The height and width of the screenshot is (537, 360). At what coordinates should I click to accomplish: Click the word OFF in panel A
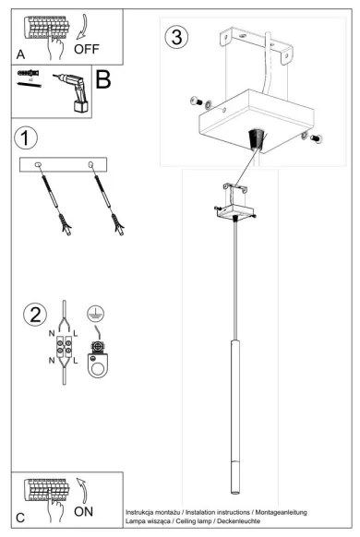(x=87, y=49)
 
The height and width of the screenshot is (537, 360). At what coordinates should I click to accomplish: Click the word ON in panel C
(x=83, y=512)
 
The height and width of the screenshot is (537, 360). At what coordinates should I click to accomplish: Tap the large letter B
(x=103, y=79)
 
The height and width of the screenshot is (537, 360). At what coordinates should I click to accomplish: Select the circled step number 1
(x=25, y=138)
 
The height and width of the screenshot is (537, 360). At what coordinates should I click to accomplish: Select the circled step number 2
(x=35, y=315)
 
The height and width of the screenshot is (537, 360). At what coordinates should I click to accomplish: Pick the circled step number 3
(x=176, y=37)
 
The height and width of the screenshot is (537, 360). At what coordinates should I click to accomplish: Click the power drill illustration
(x=73, y=91)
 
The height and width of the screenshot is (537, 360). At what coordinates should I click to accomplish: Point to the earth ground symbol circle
(x=95, y=313)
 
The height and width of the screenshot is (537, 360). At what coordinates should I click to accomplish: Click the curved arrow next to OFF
(x=82, y=28)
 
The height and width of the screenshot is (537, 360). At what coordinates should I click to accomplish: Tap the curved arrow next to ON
(x=82, y=491)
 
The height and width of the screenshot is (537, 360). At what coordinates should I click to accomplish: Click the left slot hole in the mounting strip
(x=38, y=165)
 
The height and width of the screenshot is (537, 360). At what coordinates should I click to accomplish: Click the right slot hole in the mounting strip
(x=90, y=165)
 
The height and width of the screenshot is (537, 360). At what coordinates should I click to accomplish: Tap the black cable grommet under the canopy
(x=257, y=139)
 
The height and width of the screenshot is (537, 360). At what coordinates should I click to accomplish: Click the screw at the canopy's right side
(x=316, y=138)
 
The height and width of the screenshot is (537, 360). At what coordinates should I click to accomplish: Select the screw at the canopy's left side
(x=196, y=101)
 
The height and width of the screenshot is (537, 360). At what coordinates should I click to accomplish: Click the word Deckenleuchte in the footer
(x=238, y=521)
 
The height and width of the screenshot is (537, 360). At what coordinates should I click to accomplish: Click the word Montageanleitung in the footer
(x=281, y=512)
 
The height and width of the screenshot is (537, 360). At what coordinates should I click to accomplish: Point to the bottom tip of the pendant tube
(x=235, y=493)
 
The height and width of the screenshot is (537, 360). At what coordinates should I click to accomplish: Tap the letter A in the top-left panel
(x=20, y=54)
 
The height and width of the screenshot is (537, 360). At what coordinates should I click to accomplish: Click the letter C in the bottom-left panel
(x=20, y=518)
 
